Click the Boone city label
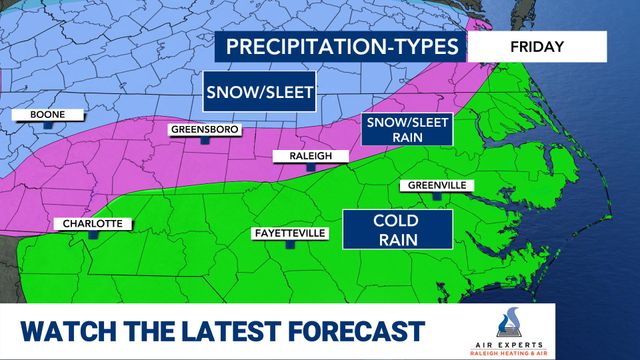[40, 115]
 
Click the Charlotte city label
[92, 223]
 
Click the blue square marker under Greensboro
[204, 142]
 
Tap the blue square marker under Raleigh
[310, 169]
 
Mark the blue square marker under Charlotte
[93, 236]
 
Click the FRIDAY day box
[537, 47]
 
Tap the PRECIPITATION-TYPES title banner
[341, 47]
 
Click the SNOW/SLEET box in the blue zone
[260, 94]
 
